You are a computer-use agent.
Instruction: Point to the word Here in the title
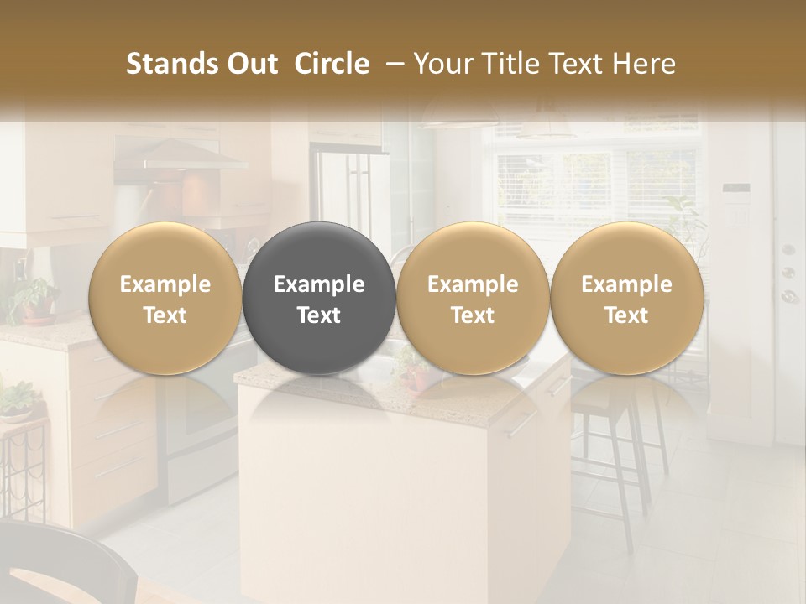click(644, 64)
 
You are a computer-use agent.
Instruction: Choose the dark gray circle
click(319, 298)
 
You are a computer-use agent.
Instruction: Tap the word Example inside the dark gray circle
click(319, 284)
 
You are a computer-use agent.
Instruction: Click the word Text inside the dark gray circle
click(319, 315)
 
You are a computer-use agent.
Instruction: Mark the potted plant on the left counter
click(34, 298)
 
